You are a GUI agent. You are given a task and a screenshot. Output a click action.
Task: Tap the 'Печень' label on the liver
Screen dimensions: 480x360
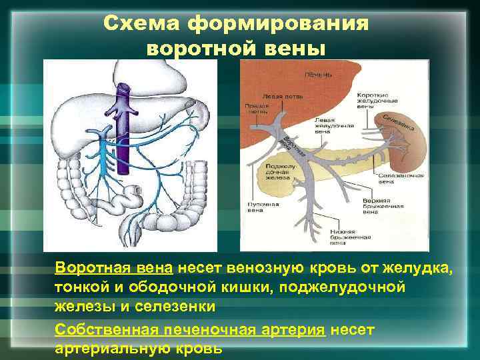point(317,74)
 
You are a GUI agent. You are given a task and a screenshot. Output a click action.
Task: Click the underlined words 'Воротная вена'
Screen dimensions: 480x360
point(114,269)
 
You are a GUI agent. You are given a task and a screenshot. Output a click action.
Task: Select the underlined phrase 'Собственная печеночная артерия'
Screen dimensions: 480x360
point(190,329)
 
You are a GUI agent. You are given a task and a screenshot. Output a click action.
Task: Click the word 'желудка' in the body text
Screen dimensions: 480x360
point(423,269)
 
